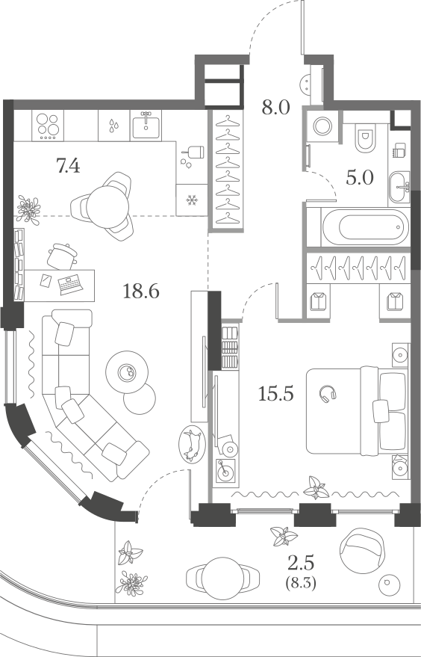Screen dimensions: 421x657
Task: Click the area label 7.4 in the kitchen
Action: pyautogui.click(x=68, y=167)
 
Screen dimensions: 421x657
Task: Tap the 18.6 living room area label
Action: pyautogui.click(x=141, y=291)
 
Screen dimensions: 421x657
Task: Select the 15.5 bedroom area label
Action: pyautogui.click(x=275, y=393)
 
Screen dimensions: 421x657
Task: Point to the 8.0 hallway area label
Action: pyautogui.click(x=275, y=108)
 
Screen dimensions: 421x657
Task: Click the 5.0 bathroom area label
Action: pyautogui.click(x=360, y=178)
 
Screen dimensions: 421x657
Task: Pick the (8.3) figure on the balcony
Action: pyautogui.click(x=300, y=583)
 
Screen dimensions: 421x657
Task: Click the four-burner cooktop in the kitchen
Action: pyautogui.click(x=47, y=125)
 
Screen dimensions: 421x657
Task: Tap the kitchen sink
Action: pyautogui.click(x=146, y=125)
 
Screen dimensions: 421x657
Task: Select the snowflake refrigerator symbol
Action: pyautogui.click(x=192, y=200)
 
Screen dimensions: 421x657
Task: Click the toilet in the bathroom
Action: pyautogui.click(x=365, y=137)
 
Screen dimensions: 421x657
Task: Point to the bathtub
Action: pyautogui.click(x=365, y=227)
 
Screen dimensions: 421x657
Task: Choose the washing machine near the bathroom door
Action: pyautogui.click(x=322, y=126)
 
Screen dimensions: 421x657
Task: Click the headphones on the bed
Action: pyautogui.click(x=328, y=395)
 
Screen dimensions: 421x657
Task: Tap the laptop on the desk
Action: pyautogui.click(x=71, y=285)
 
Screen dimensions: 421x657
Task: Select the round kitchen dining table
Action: pyautogui.click(x=107, y=206)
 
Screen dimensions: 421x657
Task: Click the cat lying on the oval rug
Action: pyautogui.click(x=192, y=444)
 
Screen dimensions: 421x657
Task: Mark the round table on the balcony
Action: pyautogui.click(x=223, y=578)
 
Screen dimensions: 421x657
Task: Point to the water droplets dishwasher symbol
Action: pyautogui.click(x=113, y=125)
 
